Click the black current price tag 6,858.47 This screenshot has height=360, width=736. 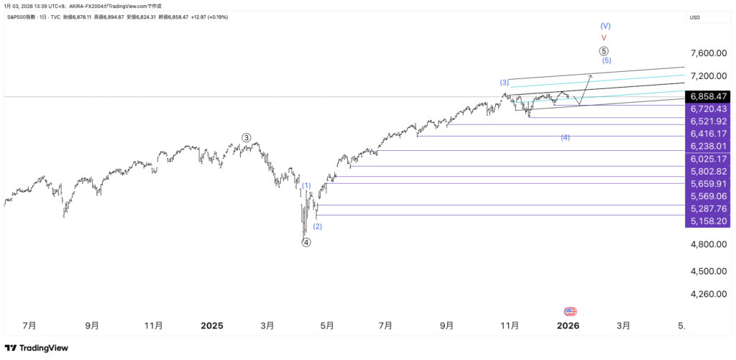[708, 96]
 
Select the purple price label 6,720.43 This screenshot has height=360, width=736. [708, 109]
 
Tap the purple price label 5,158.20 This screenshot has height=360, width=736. [708, 221]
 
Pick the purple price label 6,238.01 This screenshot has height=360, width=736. [708, 146]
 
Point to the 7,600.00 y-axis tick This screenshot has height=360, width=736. [708, 53]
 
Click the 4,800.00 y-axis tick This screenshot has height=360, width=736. [708, 244]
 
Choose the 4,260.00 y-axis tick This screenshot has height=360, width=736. [708, 294]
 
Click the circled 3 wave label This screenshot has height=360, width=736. [247, 137]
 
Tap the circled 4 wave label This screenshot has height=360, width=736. [306, 243]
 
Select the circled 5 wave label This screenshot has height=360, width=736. [604, 51]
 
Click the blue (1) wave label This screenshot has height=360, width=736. [306, 185]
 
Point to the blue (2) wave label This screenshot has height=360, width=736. [318, 226]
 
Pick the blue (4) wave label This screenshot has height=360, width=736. [566, 137]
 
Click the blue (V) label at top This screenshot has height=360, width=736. [605, 25]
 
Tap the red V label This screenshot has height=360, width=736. [604, 37]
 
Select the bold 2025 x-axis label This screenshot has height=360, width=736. [211, 326]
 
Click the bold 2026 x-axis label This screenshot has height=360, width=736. [568, 326]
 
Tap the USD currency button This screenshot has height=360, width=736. [695, 17]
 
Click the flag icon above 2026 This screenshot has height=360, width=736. [571, 312]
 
